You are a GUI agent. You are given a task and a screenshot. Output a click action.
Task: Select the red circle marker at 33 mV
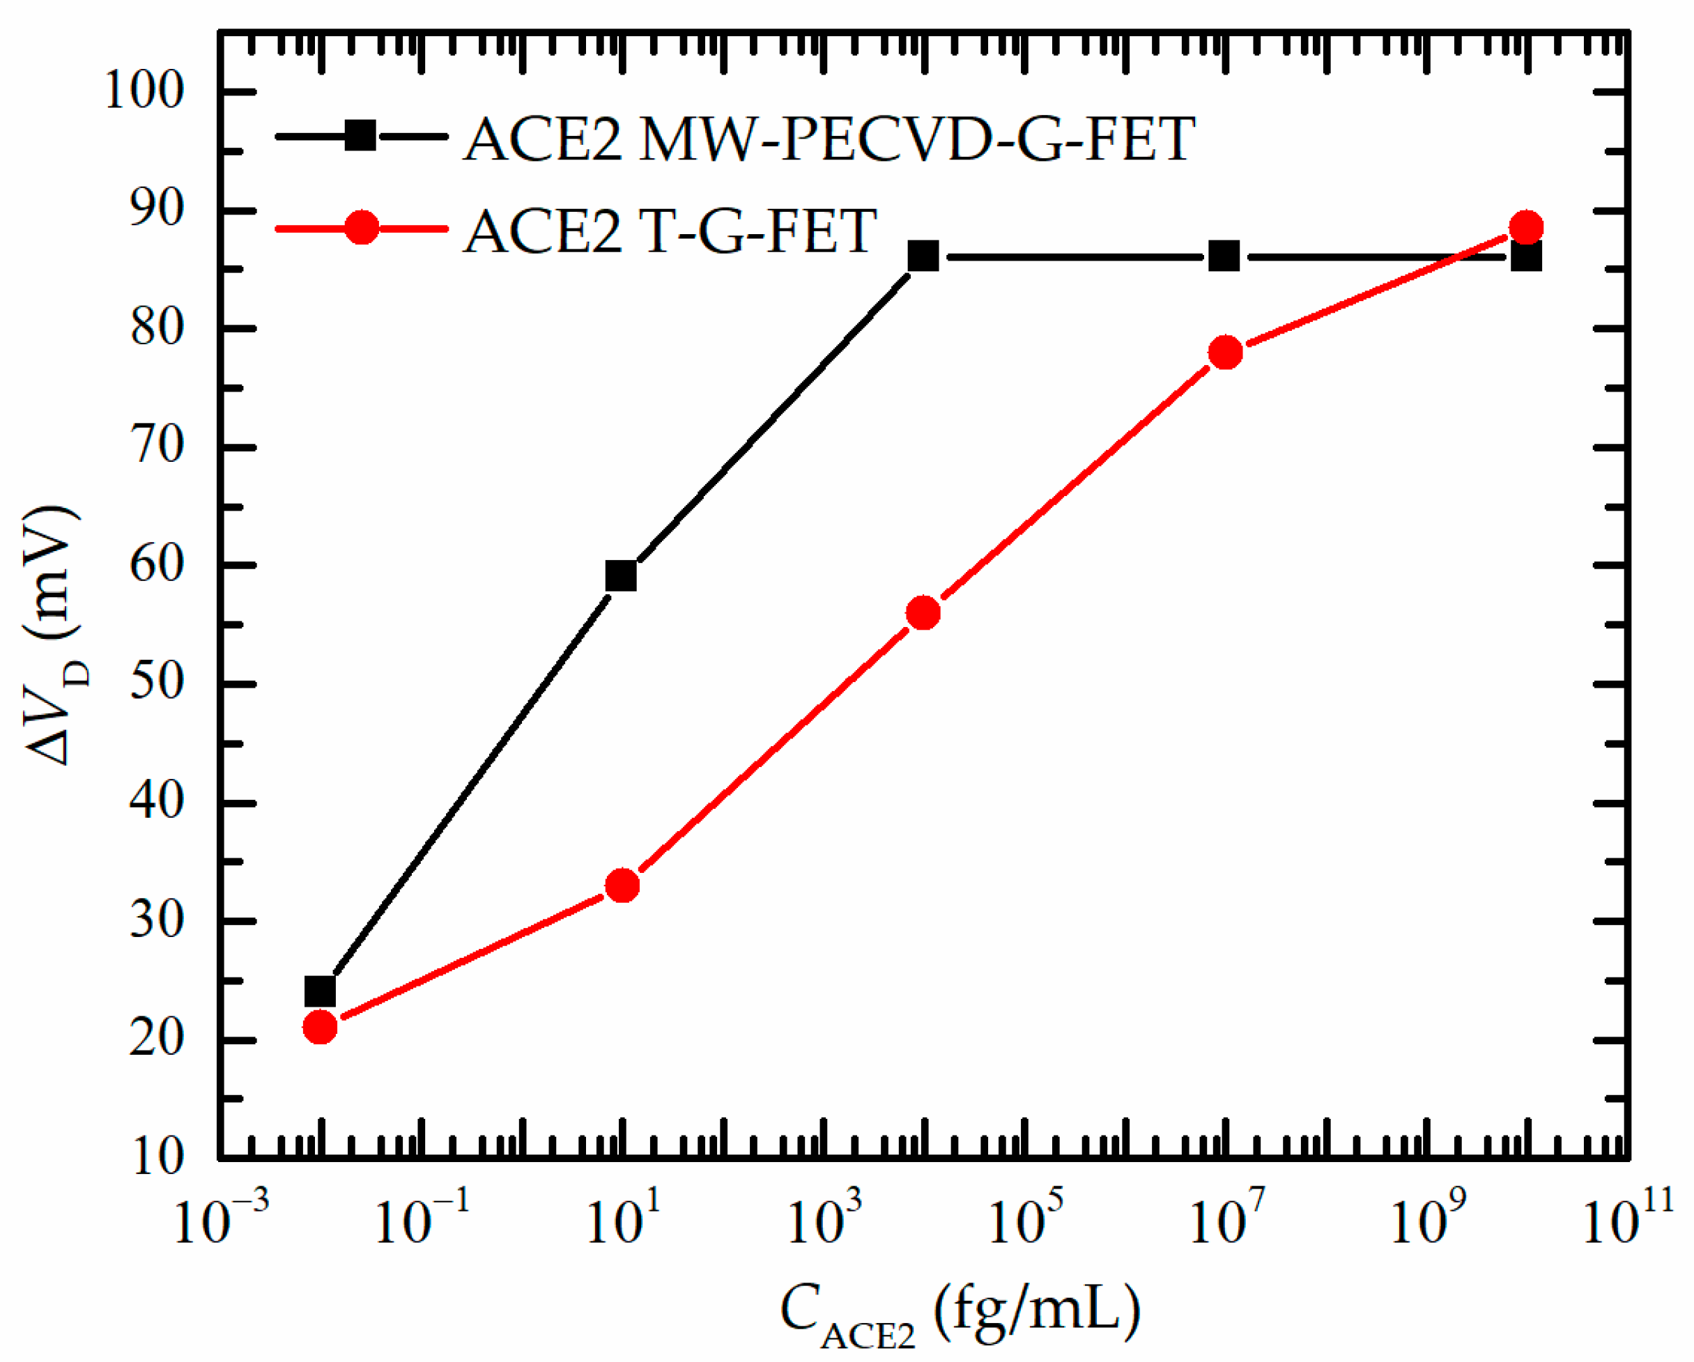[622, 886]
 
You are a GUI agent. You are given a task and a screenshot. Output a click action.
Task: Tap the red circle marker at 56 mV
[923, 612]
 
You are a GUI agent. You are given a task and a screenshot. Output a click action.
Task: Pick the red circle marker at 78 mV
[1226, 353]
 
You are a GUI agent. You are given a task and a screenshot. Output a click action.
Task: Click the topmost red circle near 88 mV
[1527, 228]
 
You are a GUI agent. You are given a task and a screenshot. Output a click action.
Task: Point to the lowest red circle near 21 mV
[320, 1027]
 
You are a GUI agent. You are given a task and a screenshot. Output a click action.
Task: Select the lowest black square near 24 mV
[320, 992]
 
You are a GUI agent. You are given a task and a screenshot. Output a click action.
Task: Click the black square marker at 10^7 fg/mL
[1224, 256]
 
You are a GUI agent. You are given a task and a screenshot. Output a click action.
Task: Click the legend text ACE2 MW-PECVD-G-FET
[829, 140]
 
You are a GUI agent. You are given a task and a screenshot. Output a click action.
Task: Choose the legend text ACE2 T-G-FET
[670, 231]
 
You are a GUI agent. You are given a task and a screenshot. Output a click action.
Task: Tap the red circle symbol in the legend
[362, 228]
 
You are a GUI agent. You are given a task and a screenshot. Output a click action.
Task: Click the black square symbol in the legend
[361, 136]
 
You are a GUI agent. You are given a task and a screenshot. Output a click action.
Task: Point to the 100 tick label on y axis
[144, 91]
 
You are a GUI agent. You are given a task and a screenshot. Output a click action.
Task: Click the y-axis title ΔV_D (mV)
[54, 636]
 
